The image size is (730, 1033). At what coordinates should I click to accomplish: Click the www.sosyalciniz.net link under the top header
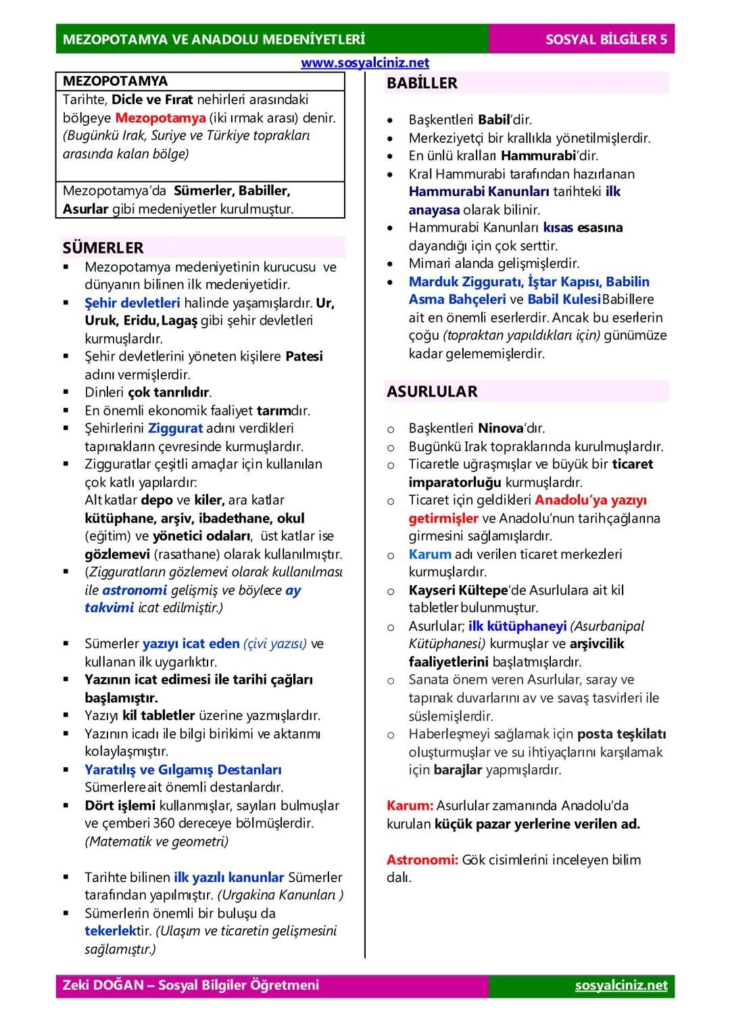(364, 63)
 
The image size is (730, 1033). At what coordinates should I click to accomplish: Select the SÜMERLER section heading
(103, 248)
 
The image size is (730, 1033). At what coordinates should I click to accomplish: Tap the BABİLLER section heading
(422, 83)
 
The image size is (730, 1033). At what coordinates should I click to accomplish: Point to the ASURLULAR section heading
(432, 392)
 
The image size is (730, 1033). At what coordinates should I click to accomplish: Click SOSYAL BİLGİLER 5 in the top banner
(606, 39)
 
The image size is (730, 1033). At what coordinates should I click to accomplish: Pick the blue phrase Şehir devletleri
(132, 303)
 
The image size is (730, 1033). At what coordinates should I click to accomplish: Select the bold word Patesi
(304, 357)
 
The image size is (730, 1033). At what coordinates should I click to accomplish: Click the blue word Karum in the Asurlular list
(429, 554)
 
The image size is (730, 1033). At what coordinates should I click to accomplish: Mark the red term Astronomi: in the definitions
(422, 860)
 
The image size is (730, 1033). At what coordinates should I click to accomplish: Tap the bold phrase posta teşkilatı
(622, 734)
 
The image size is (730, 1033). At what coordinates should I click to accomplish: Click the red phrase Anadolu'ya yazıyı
(591, 500)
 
